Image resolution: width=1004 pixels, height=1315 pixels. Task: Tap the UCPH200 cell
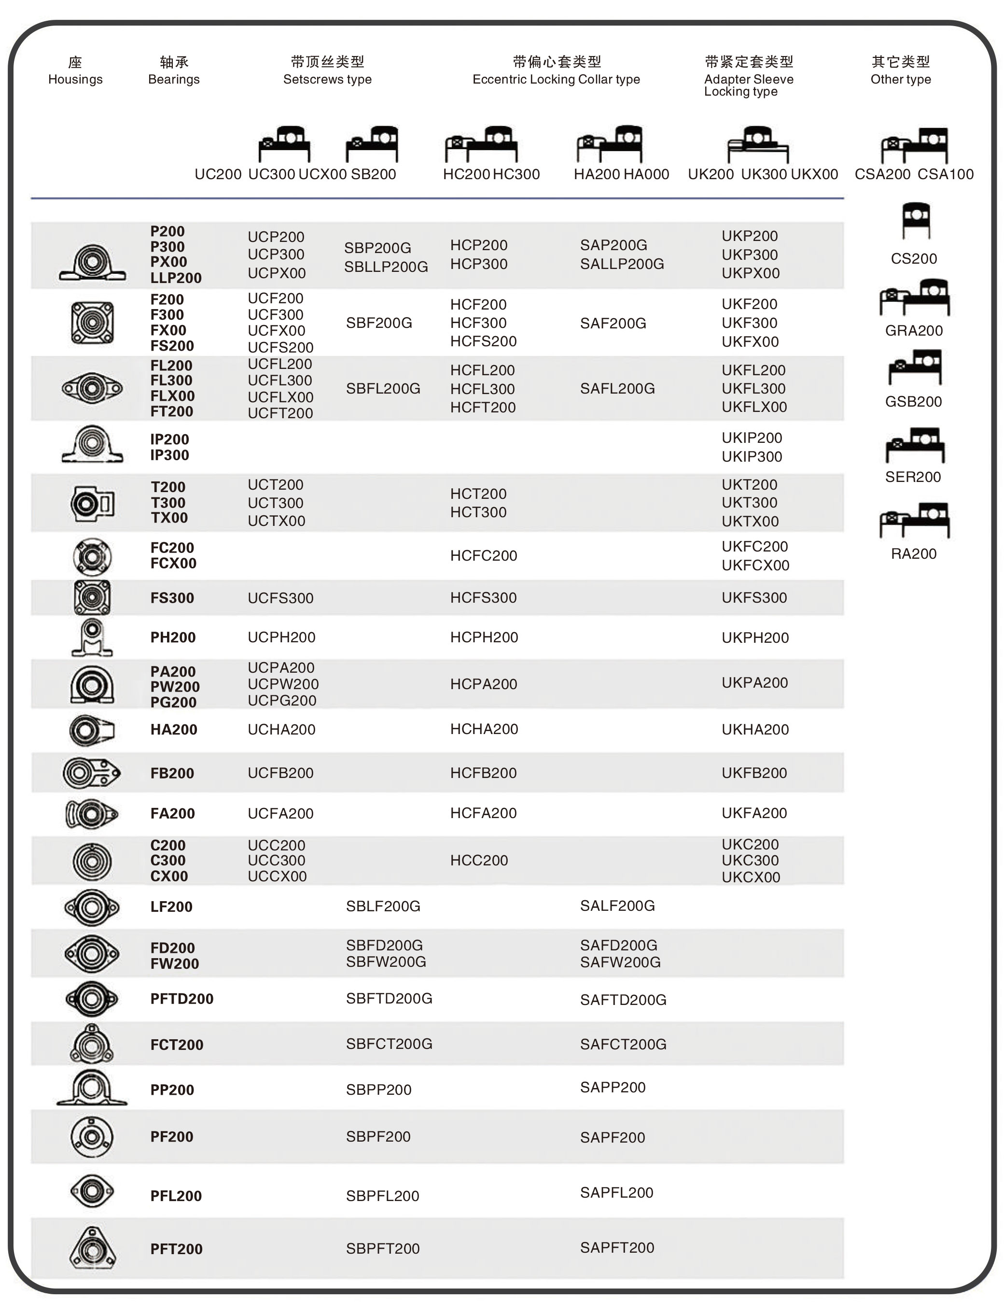tap(281, 637)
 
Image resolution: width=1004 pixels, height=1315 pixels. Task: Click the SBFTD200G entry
tap(389, 998)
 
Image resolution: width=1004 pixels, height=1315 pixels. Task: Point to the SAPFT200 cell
tap(617, 1247)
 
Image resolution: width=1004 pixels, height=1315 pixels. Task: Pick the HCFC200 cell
tap(484, 555)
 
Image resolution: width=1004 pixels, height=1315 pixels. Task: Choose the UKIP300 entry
tap(752, 457)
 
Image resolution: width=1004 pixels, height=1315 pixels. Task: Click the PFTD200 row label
tap(181, 999)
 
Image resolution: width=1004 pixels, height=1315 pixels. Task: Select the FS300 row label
tap(172, 598)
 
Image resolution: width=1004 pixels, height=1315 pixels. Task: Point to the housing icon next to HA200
tap(91, 730)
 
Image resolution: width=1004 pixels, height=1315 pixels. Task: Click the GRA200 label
tap(914, 330)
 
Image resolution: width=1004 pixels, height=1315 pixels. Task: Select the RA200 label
tap(914, 553)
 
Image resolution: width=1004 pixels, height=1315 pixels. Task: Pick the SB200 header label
tap(374, 174)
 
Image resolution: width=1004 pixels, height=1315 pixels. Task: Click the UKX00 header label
tap(814, 174)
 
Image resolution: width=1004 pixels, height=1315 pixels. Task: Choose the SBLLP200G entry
tap(386, 267)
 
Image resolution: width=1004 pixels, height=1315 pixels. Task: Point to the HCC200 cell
tap(479, 860)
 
